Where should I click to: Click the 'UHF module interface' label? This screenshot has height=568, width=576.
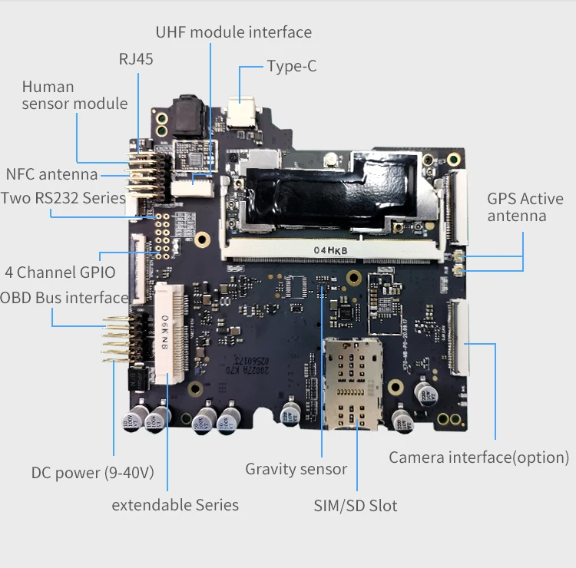[233, 32]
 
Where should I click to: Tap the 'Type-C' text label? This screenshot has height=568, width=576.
[292, 66]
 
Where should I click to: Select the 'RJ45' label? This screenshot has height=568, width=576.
[136, 59]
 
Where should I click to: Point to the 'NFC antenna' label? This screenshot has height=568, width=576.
[51, 174]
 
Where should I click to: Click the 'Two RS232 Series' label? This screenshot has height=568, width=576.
[63, 198]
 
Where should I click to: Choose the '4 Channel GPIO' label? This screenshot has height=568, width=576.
[60, 272]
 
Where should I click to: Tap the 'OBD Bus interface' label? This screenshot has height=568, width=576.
[65, 297]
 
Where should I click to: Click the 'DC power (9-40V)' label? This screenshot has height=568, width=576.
[92, 473]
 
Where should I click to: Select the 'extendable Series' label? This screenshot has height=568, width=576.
[175, 504]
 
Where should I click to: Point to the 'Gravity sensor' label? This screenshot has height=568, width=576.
[296, 468]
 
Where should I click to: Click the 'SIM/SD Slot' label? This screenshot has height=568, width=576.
[356, 505]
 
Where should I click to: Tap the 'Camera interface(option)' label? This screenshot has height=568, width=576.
[478, 457]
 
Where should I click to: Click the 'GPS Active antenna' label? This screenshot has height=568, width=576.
[525, 207]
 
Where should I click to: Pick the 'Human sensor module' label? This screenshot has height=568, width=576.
[74, 95]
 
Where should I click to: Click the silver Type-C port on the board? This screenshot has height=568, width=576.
[243, 116]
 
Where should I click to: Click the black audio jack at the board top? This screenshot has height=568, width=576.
[188, 115]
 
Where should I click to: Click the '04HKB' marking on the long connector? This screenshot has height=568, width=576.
[331, 250]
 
